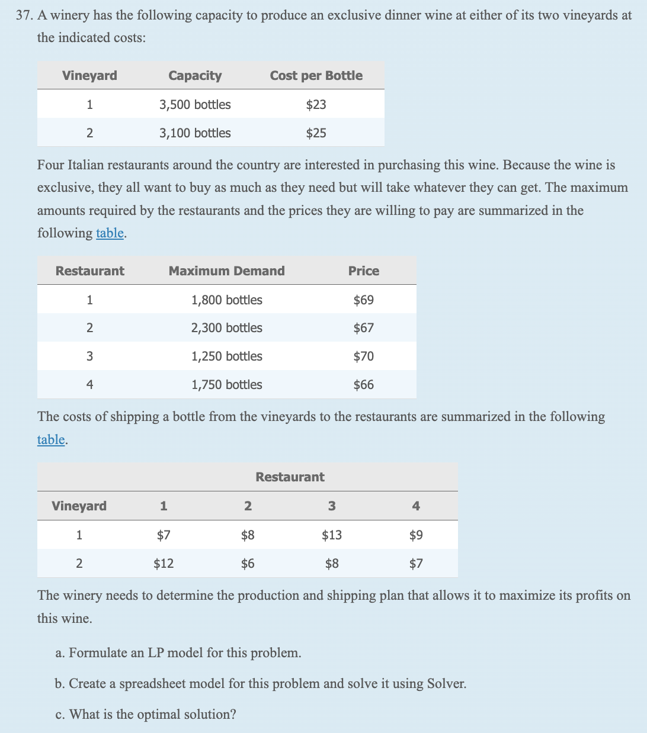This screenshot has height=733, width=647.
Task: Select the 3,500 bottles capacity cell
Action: click(195, 105)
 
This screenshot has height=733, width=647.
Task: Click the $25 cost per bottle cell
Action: click(316, 133)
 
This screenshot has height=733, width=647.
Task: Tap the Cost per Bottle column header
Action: click(316, 76)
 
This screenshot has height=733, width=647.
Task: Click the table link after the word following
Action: click(110, 233)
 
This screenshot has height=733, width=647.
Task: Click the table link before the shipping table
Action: click(51, 440)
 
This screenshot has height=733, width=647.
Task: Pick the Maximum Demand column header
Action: click(226, 271)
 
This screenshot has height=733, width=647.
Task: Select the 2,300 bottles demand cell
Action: click(226, 328)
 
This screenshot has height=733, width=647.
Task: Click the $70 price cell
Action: click(363, 356)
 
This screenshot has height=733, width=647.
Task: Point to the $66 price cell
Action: click(363, 385)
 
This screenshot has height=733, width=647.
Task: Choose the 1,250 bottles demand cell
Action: click(226, 356)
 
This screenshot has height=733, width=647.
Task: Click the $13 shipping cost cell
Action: click(331, 535)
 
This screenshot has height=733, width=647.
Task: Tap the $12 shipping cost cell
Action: click(164, 563)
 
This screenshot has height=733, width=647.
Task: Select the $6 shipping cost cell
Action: click(248, 563)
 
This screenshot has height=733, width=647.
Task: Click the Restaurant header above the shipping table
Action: click(290, 477)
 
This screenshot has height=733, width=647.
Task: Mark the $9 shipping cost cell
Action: click(416, 535)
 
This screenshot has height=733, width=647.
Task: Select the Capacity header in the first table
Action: click(195, 76)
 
